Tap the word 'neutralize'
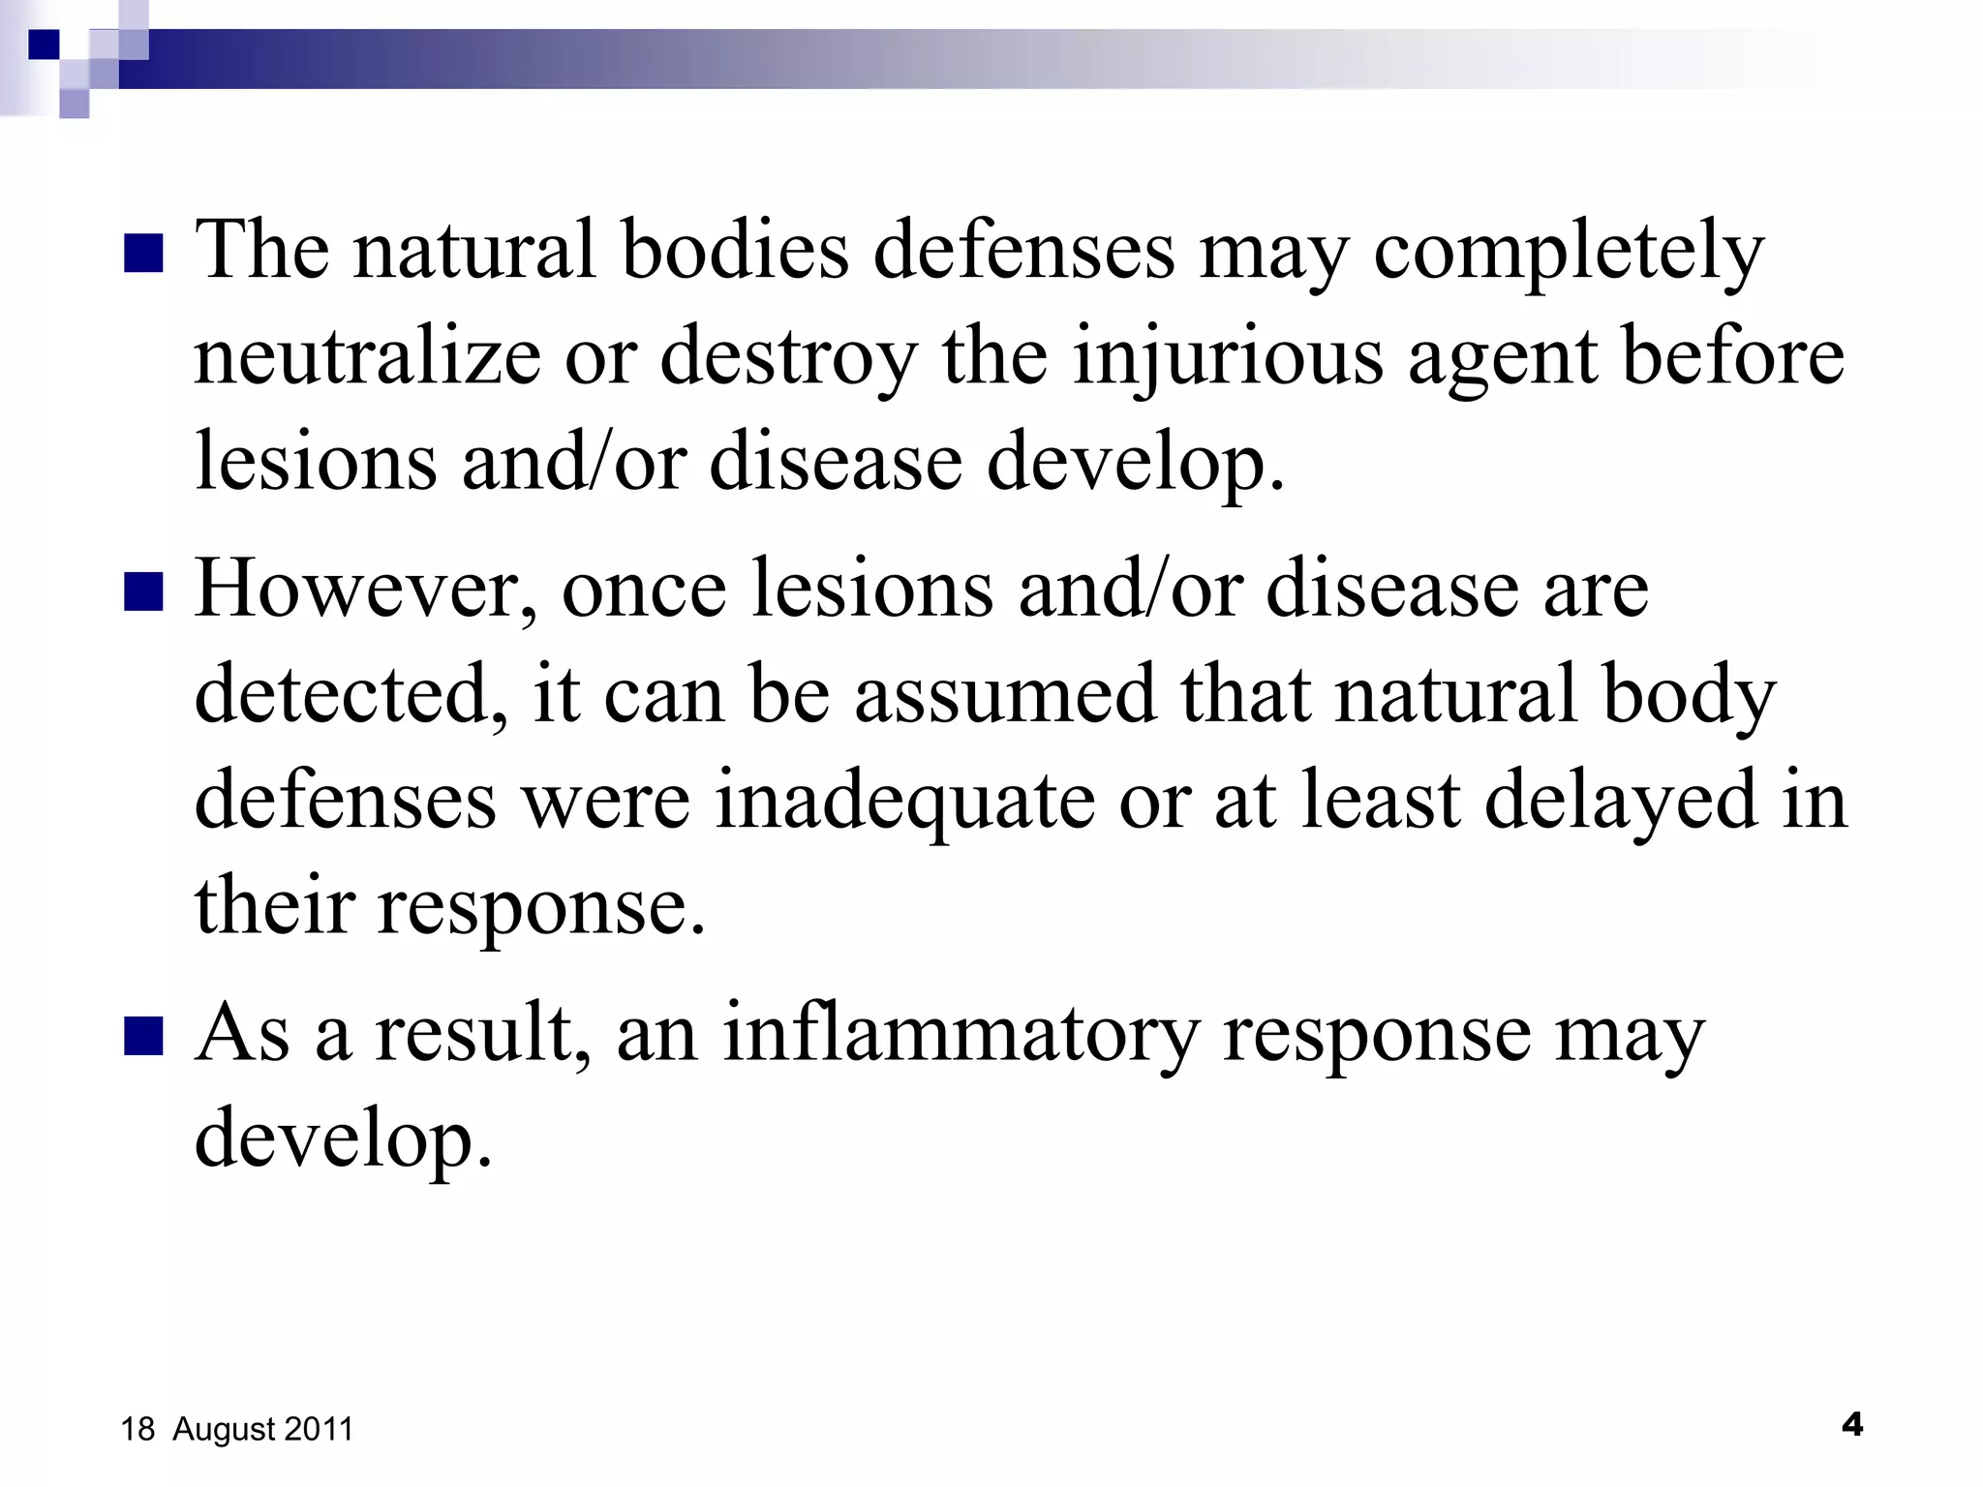367,357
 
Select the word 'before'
1733,357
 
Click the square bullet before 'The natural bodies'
143,254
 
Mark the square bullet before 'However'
143,592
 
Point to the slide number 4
1851,1425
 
